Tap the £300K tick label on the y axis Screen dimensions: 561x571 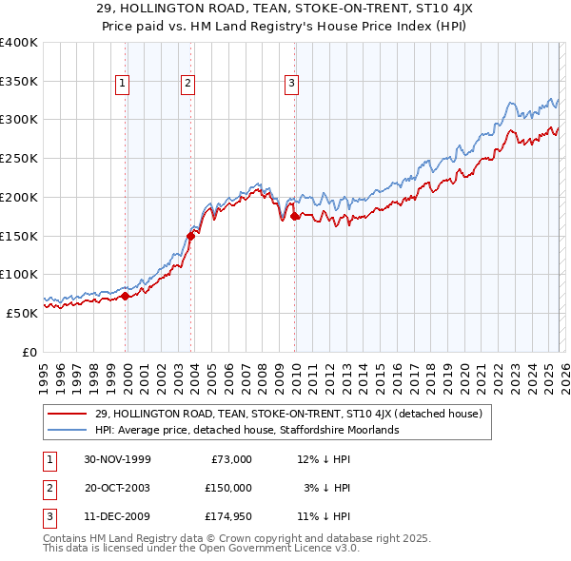tap(19, 120)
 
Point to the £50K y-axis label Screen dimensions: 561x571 tap(23, 313)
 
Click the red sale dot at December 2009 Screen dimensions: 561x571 tap(294, 217)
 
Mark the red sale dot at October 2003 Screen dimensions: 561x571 tap(191, 236)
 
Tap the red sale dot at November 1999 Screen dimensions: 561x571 tap(126, 296)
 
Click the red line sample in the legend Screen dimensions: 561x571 tap(68, 414)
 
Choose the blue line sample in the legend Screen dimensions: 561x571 tap(68, 430)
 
